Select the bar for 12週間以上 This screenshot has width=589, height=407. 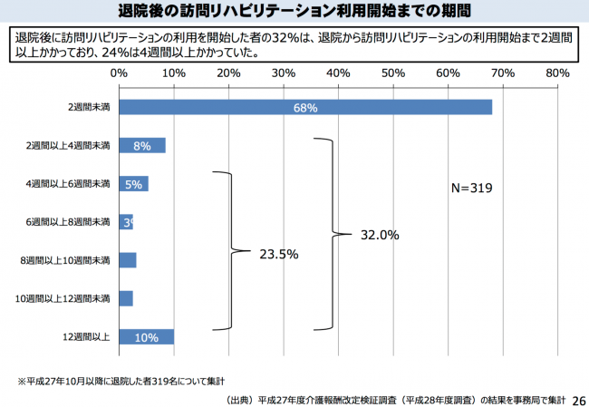tap(146, 336)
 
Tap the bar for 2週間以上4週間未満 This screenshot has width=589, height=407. tap(141, 145)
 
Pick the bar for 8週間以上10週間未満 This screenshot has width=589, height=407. tap(127, 260)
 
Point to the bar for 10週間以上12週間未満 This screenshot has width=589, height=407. tap(126, 298)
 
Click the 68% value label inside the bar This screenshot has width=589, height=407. tap(305, 108)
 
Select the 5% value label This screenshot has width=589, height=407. tap(134, 184)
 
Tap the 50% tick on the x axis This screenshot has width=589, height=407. tap(392, 72)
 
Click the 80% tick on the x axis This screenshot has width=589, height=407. tap(556, 72)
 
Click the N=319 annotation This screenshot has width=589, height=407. tap(470, 189)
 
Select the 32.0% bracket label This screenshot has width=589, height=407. tap(378, 235)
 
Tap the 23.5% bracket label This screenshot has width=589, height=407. tap(278, 254)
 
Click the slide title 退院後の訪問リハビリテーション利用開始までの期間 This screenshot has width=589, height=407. tap(294, 13)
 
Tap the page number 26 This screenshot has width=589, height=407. tap(578, 399)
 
